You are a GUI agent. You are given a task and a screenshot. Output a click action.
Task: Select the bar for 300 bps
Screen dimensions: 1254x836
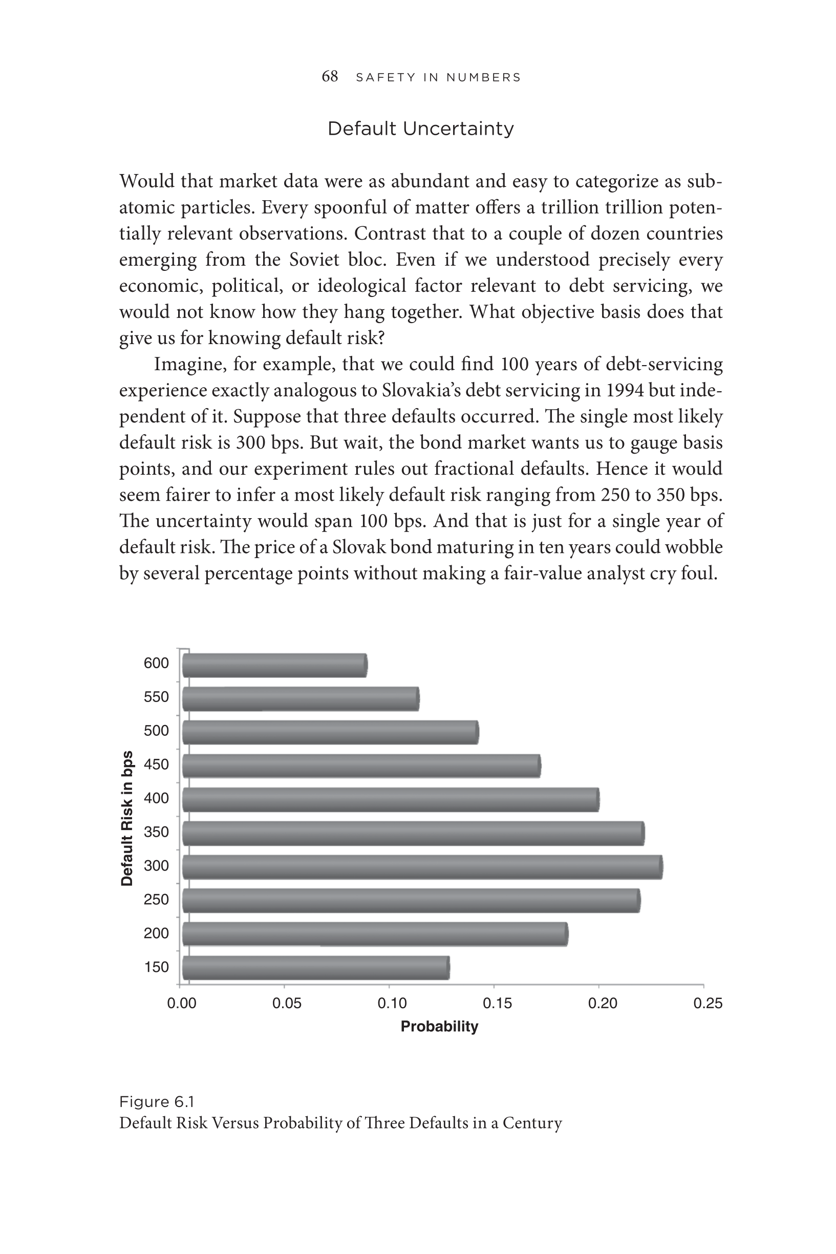[x=422, y=867]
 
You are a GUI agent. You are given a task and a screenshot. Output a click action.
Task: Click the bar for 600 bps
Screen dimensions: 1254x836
[x=274, y=665]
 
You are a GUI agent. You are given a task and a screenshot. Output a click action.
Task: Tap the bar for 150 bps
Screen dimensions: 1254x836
[x=316, y=968]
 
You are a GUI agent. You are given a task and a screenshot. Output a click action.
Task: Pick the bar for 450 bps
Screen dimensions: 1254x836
[x=361, y=766]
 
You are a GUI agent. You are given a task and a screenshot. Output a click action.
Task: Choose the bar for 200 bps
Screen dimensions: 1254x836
[x=375, y=934]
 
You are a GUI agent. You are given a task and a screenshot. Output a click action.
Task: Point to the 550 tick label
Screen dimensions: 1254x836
[x=156, y=697]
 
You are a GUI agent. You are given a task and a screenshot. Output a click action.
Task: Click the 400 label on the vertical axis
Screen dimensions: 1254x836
[x=156, y=798]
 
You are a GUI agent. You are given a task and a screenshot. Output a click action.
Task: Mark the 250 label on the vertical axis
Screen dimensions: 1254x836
[x=156, y=900]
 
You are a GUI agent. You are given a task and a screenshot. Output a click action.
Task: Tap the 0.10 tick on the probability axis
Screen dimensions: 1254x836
[x=392, y=1004]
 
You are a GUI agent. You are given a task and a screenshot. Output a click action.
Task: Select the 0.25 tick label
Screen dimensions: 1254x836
[x=708, y=1004]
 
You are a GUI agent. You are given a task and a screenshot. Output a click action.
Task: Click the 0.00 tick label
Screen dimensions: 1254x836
[x=182, y=1004]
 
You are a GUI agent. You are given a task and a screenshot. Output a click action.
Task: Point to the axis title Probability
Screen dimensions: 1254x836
[x=439, y=1026]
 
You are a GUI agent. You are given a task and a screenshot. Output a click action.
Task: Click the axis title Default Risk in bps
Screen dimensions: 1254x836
[x=127, y=818]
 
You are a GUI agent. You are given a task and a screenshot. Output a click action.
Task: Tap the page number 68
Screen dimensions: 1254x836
[x=330, y=77]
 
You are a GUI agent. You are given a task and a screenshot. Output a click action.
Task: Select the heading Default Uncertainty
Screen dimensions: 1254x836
[x=421, y=129]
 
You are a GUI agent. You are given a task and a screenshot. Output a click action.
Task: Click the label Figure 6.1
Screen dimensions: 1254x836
[x=157, y=1101]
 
